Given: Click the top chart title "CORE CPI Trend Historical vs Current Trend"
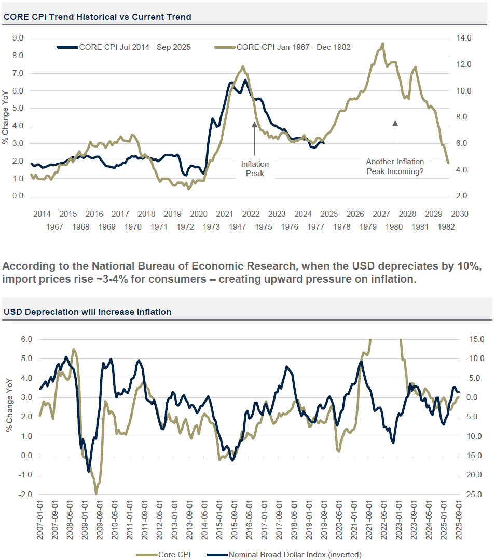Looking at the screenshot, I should pyautogui.click(x=98, y=17).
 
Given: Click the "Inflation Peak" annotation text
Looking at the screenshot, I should pyautogui.click(x=255, y=168).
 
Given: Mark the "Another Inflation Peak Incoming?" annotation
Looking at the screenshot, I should pyautogui.click(x=395, y=166).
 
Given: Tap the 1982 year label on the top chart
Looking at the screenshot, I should pyautogui.click(x=447, y=227).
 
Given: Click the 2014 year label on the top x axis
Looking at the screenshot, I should pyautogui.click(x=42, y=214).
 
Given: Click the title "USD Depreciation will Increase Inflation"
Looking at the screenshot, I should pyautogui.click(x=88, y=312).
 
